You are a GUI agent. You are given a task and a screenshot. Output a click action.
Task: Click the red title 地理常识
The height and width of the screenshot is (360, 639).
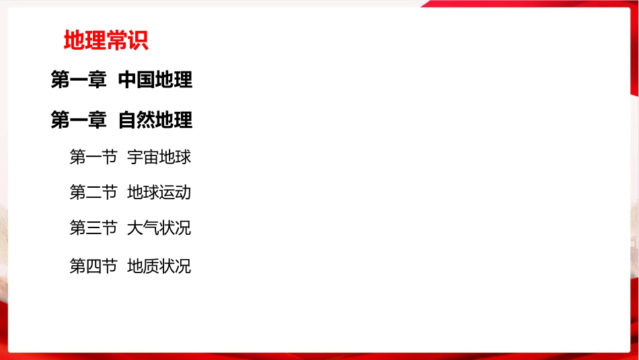(x=106, y=41)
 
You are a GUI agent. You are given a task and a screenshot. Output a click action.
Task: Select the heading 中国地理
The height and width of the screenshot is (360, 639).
(x=155, y=81)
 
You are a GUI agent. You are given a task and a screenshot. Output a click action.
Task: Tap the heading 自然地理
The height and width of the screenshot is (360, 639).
(x=155, y=120)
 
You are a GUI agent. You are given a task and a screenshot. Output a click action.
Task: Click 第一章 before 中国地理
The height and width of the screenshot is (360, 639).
(x=79, y=81)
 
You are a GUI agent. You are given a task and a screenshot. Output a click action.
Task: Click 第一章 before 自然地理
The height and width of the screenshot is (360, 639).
(x=79, y=120)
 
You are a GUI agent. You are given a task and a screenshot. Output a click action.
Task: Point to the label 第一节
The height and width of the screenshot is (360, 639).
(x=93, y=157)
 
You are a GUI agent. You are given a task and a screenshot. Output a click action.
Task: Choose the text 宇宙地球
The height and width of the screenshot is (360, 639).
(x=159, y=157)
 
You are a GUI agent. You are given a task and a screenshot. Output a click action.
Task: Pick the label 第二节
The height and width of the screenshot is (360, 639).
(x=93, y=192)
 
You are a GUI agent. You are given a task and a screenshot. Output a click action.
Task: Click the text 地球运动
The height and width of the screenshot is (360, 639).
(x=159, y=192)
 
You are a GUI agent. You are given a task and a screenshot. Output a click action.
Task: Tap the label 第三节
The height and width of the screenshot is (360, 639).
(x=93, y=227)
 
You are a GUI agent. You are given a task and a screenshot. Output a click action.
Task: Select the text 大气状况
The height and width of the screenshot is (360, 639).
(x=159, y=227)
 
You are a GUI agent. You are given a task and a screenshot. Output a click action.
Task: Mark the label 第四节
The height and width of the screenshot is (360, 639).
(x=93, y=266)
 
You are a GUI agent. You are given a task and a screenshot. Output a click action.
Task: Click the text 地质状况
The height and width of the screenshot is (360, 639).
(x=159, y=266)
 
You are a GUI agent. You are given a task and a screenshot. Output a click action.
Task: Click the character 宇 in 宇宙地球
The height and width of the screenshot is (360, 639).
(x=135, y=157)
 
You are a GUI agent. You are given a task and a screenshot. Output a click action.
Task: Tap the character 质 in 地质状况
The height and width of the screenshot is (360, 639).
(x=151, y=266)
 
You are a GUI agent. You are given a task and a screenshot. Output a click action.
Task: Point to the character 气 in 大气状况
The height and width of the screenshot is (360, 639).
(x=151, y=227)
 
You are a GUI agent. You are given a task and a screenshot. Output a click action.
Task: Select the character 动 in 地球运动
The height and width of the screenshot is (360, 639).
(x=184, y=192)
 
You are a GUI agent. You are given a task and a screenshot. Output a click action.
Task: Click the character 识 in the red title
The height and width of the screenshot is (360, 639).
(x=138, y=41)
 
